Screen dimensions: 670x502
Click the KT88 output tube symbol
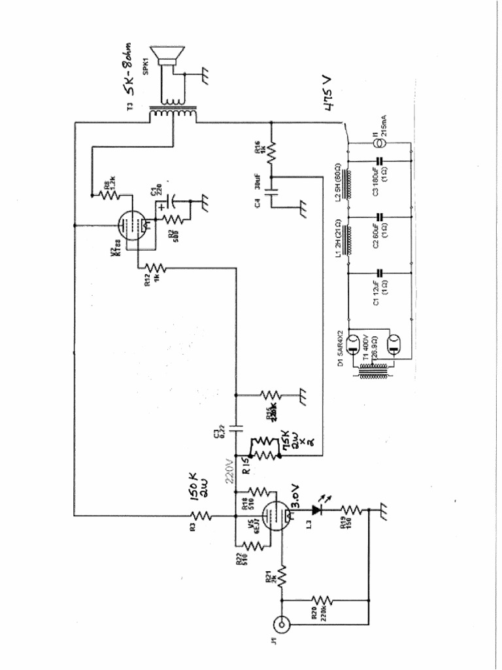[x=129, y=226]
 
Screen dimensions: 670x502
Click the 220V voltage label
[x=229, y=468]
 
